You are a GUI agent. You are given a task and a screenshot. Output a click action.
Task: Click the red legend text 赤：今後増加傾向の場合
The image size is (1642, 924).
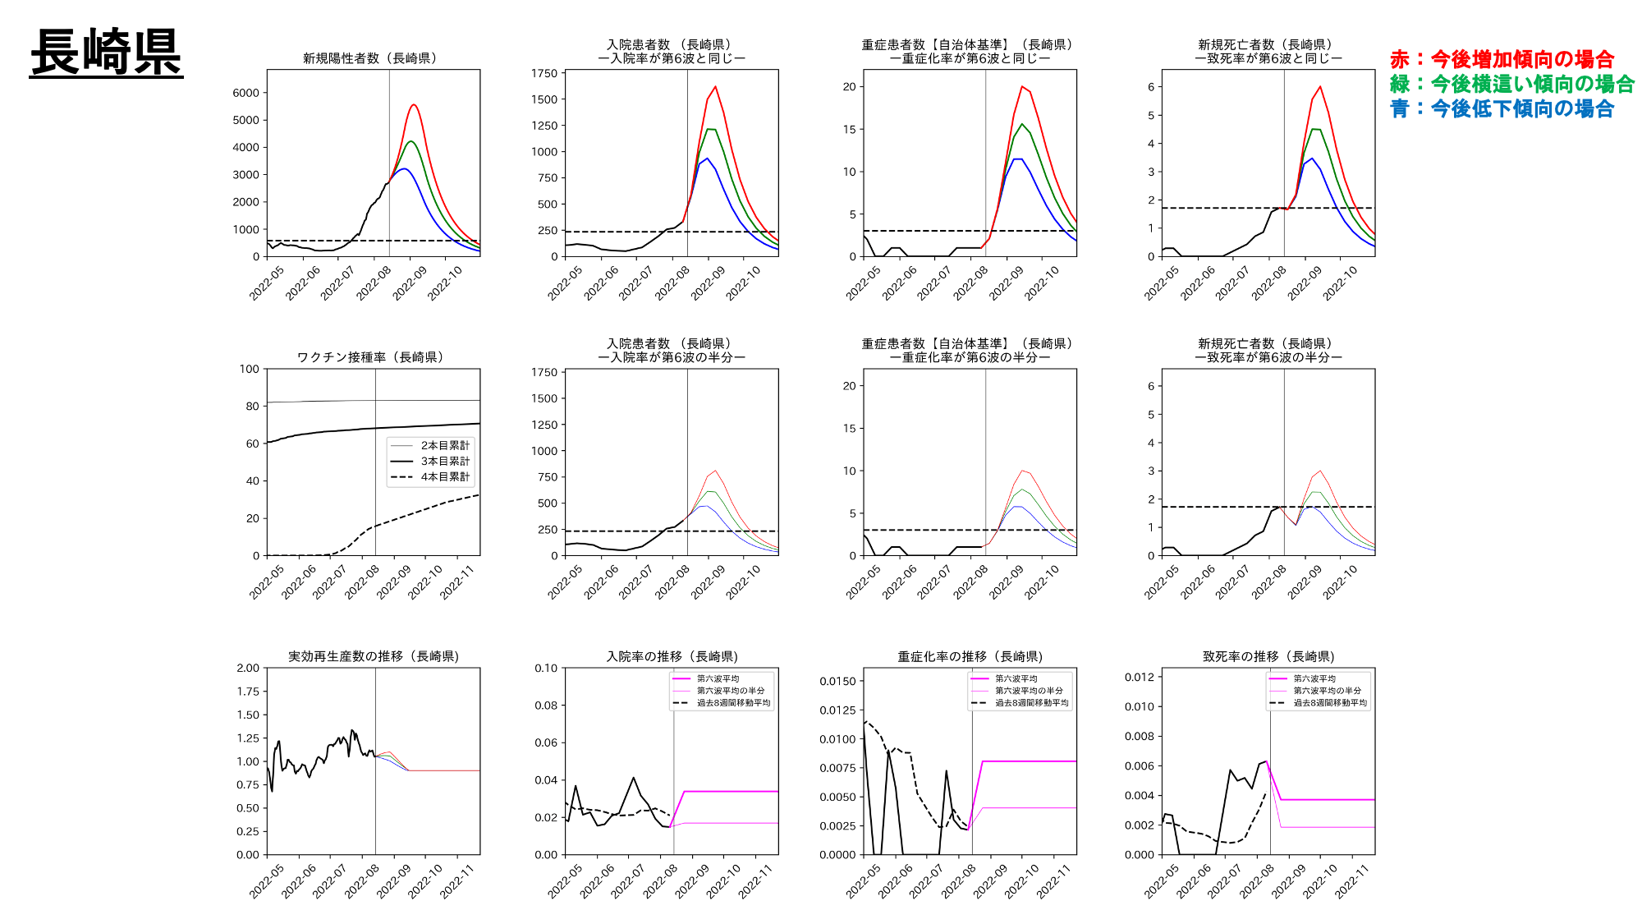[1502, 59]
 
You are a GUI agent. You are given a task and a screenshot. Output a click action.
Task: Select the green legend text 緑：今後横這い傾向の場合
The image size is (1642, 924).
[1511, 84]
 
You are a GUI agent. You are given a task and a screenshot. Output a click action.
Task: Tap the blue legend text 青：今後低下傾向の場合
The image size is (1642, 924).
[1502, 108]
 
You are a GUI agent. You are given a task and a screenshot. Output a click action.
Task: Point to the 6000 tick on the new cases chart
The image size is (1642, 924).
[246, 93]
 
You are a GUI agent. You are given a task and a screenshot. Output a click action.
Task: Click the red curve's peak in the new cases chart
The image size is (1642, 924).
[414, 105]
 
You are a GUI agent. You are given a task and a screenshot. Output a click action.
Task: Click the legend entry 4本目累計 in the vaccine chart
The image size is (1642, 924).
[445, 476]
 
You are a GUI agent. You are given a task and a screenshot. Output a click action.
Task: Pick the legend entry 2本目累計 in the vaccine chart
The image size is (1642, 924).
[445, 445]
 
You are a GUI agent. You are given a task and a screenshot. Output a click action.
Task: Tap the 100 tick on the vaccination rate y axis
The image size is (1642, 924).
[250, 369]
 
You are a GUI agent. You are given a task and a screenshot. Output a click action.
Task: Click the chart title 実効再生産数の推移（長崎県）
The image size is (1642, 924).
[373, 656]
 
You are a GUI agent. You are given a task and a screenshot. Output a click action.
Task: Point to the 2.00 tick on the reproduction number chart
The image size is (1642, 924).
[248, 668]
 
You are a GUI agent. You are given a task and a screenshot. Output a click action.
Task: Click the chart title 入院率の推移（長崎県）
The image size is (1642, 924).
[672, 656]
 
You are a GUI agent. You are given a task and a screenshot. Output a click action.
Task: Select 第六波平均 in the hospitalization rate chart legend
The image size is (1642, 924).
[718, 678]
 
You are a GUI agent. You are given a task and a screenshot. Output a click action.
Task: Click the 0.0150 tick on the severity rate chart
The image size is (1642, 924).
[837, 681]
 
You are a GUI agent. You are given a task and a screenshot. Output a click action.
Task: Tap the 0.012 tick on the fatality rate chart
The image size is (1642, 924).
[1139, 677]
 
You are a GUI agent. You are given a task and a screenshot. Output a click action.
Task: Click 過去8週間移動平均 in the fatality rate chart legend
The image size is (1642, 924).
[1330, 702]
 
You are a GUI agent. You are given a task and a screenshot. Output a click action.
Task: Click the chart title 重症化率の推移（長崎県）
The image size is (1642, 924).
[970, 656]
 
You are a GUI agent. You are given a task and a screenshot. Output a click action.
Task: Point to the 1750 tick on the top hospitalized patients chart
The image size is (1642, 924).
[544, 73]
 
